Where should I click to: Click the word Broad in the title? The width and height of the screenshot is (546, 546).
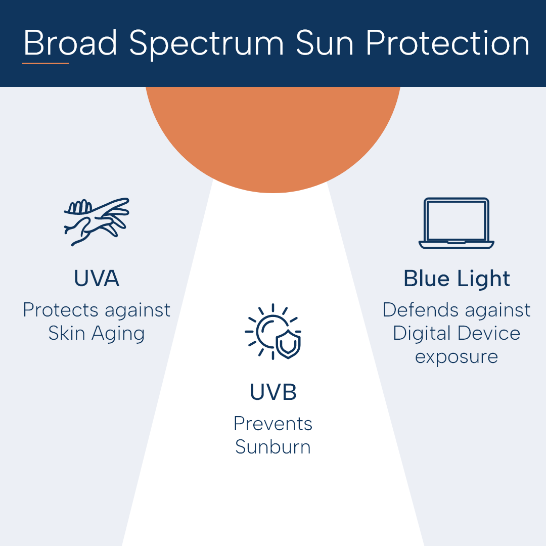70,42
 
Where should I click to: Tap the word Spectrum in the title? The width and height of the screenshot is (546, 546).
206,44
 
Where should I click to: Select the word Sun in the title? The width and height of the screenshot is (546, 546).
325,42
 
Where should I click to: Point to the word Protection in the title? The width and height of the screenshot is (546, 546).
447,42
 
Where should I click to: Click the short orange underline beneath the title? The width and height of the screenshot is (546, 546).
45,63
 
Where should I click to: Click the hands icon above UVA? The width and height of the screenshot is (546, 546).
97,221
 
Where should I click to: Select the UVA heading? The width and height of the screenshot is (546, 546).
97,278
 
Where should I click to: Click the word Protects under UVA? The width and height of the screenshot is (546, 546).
61,309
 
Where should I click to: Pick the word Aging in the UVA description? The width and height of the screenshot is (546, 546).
118,334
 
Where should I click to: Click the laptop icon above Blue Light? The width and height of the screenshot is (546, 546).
456,223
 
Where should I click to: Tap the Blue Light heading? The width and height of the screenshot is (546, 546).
457,279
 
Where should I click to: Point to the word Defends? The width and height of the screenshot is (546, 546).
420,309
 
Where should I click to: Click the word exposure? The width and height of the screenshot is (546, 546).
456,357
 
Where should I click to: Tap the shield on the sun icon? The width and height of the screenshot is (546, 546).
288,344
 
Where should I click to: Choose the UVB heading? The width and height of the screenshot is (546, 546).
273,392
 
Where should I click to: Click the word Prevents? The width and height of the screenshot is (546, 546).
273,424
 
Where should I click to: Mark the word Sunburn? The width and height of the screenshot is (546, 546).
273,447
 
